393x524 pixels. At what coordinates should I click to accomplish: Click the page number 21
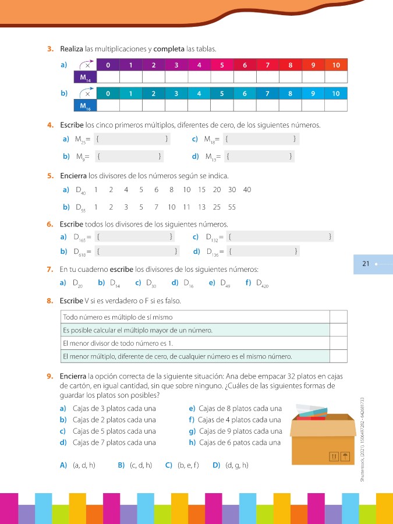point(366,264)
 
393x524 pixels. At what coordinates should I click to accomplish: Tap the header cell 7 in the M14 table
point(268,65)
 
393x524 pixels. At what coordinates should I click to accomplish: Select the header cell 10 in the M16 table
point(336,93)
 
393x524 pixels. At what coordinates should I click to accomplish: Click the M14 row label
point(85,77)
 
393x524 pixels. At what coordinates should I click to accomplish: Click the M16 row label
point(85,105)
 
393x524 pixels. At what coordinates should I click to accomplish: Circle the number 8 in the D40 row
point(172,190)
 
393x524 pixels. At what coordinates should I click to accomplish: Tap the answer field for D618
point(136,252)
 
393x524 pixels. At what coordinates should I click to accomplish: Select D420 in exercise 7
point(262,284)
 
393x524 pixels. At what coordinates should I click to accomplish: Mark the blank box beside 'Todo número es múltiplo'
point(338,317)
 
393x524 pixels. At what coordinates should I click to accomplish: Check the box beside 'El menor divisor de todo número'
point(338,343)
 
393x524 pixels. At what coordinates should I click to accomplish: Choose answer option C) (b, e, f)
point(182,465)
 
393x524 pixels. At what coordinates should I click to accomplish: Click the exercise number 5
point(51,176)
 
